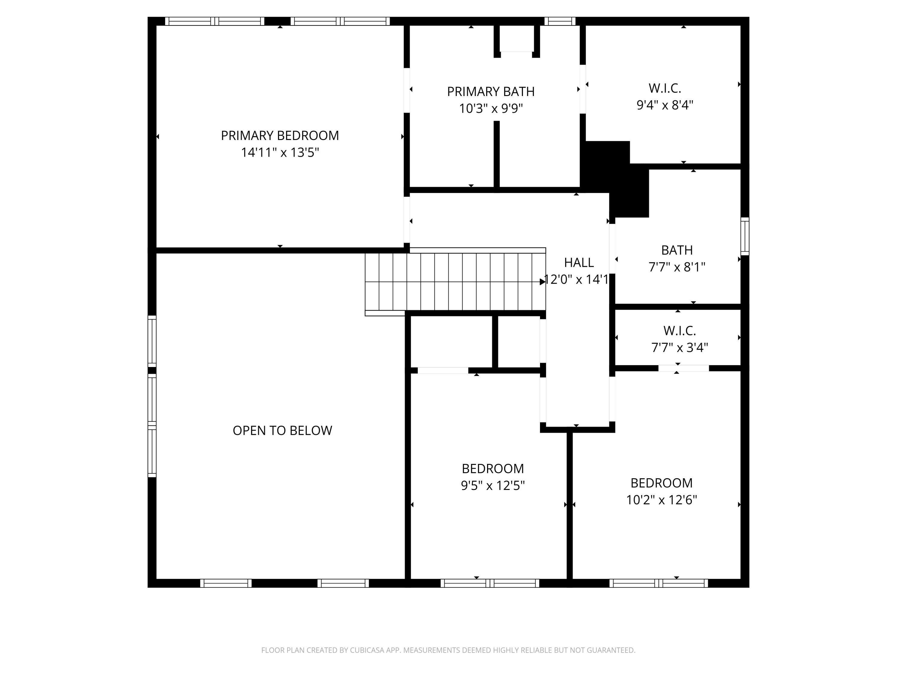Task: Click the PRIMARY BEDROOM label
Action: click(x=280, y=135)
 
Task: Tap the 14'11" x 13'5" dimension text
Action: click(x=280, y=153)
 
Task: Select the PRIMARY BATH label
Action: click(x=491, y=92)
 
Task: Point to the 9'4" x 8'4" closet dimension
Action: click(x=665, y=105)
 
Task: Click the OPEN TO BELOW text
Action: click(x=282, y=430)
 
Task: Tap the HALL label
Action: click(x=579, y=263)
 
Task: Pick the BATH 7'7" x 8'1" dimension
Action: click(x=677, y=267)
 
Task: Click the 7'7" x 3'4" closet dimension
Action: click(x=679, y=348)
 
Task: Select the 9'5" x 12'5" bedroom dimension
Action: click(x=493, y=485)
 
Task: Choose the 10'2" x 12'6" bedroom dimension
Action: click(x=661, y=500)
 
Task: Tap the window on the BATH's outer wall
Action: click(x=745, y=236)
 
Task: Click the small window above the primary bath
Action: click(x=560, y=21)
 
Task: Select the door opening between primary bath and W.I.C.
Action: click(x=583, y=89)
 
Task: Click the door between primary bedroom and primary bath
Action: click(x=407, y=90)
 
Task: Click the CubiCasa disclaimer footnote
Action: click(x=448, y=650)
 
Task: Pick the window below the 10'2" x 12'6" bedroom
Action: click(x=659, y=583)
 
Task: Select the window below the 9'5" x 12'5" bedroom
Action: click(x=490, y=583)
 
